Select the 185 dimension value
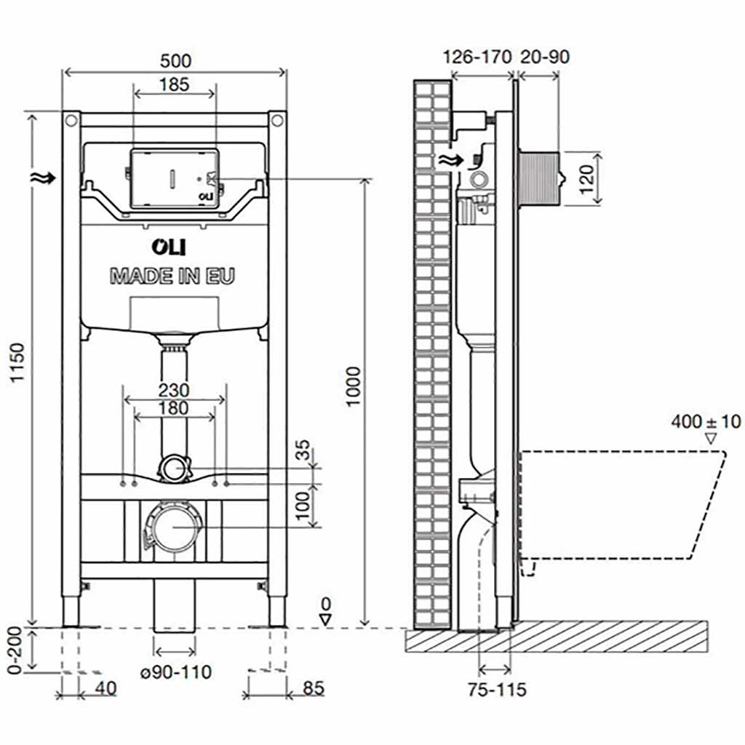tap(174, 84)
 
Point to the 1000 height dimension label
tap(354, 386)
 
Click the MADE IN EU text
tap(172, 276)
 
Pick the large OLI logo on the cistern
tap(168, 247)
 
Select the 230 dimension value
tap(174, 390)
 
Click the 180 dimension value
tap(173, 408)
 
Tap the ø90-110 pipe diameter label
tap(176, 672)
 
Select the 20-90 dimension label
tap(545, 57)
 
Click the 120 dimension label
tap(589, 178)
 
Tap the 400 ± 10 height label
tap(706, 421)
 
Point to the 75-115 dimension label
tap(497, 689)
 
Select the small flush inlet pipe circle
tap(173, 468)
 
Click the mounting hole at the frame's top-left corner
tap(71, 119)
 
